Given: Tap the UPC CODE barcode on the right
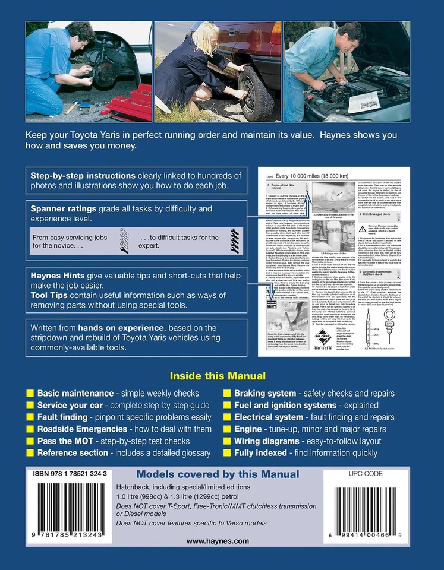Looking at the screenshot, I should coord(372,510).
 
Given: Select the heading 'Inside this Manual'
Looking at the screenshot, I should coord(218,376).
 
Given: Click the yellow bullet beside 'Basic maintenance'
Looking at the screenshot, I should coord(30,394).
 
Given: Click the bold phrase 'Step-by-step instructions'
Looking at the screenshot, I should coord(83,176).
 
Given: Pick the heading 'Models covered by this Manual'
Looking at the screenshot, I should coord(218,474).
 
